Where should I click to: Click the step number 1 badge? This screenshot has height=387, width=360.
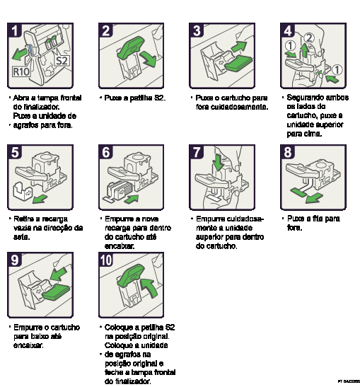tap(14, 30)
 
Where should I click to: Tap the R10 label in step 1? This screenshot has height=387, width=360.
tap(21, 71)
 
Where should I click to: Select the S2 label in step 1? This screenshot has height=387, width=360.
tap(62, 61)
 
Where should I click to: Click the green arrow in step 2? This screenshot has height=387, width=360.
tap(147, 61)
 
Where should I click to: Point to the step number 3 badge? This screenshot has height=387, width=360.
tap(197, 30)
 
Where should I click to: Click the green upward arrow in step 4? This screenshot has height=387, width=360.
tap(305, 50)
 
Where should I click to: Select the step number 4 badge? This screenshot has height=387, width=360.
tap(289, 30)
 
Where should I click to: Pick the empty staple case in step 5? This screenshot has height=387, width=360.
tap(23, 192)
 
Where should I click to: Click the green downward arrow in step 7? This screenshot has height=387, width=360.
tap(218, 163)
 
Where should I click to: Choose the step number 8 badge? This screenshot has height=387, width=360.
tap(289, 152)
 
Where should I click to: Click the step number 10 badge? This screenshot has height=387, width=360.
tap(106, 260)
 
